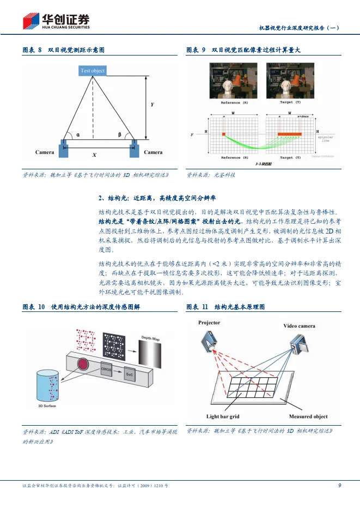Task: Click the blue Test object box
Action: coord(93,71)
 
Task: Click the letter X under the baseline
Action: coord(94,155)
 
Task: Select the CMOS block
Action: coord(106,369)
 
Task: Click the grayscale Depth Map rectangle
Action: coord(150,354)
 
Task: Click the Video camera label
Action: coord(298,326)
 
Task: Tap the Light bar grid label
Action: coord(223,416)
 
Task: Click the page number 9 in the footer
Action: coord(339,485)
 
